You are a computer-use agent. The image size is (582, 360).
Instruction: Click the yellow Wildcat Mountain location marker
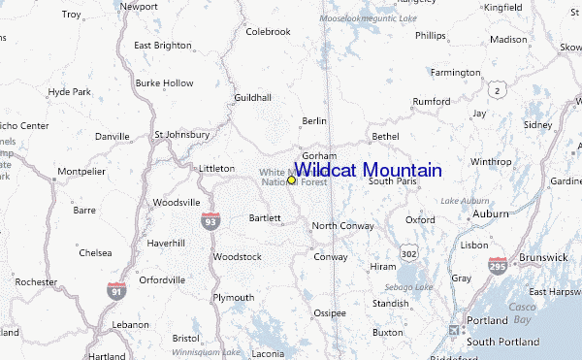tap(291, 180)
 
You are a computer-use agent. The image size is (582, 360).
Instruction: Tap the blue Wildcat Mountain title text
tap(368, 170)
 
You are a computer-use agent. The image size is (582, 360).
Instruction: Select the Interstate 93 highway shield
tap(210, 221)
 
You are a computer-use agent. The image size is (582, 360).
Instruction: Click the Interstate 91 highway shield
tap(115, 288)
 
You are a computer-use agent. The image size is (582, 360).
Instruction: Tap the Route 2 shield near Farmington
tap(498, 90)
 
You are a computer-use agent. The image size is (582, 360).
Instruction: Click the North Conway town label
tap(343, 226)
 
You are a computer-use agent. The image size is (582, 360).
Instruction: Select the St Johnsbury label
tap(181, 134)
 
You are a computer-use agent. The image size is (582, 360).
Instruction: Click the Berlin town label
tap(314, 120)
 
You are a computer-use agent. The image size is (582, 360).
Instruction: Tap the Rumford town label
tap(431, 101)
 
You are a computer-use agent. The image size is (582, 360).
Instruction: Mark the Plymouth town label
tap(233, 297)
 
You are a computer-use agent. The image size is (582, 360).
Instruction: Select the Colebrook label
tap(268, 32)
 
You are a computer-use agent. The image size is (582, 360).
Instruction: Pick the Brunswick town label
tap(542, 257)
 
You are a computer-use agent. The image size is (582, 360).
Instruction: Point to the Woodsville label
tap(176, 202)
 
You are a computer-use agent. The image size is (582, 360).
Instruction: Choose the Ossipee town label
tap(330, 312)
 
